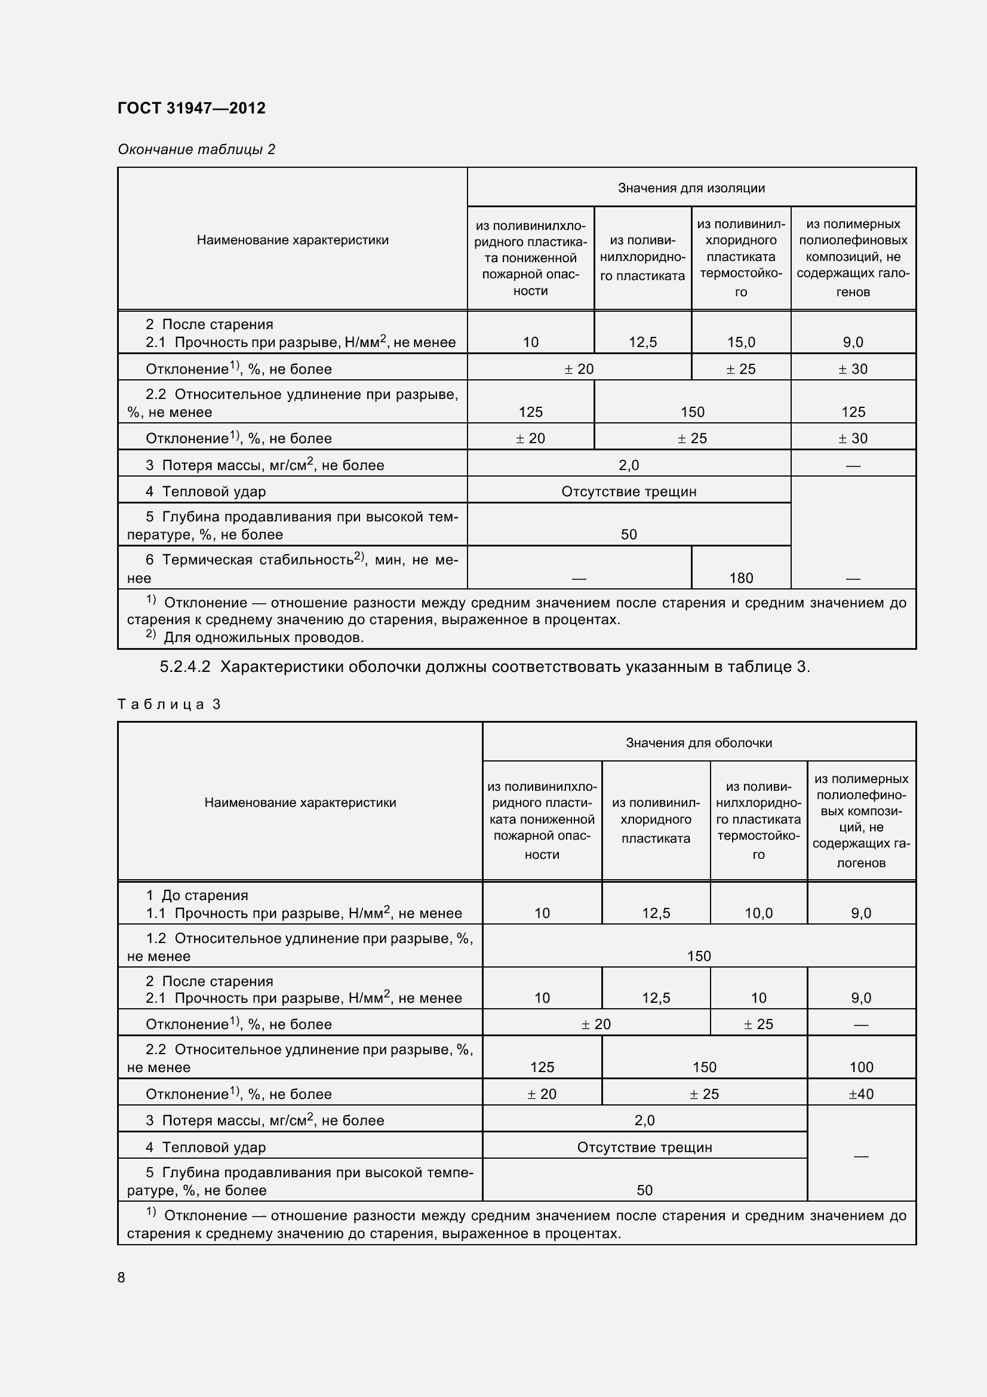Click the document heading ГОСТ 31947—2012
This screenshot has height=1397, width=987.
coord(191,108)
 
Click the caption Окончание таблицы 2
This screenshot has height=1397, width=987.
coord(196,149)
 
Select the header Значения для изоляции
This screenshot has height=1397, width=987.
coord(691,188)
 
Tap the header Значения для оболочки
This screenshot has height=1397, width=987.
coord(698,742)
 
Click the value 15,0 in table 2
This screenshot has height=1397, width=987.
coord(741,342)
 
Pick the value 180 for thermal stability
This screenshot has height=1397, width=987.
coord(741,578)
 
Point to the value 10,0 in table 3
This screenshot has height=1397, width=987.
coord(758,913)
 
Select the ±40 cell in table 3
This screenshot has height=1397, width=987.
coord(860,1094)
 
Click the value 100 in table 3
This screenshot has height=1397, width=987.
coord(860,1067)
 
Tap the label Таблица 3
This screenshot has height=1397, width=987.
coord(168,704)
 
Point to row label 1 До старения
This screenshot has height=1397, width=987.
coord(197,895)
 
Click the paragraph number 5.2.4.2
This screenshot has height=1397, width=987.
coord(185,667)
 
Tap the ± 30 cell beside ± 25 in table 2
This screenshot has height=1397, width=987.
coord(853,369)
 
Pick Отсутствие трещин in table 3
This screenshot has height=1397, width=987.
coord(644,1147)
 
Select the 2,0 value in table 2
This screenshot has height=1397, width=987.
coord(628,465)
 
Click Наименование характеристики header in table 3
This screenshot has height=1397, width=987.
coord(300,802)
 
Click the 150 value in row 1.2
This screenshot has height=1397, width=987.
coord(698,956)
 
